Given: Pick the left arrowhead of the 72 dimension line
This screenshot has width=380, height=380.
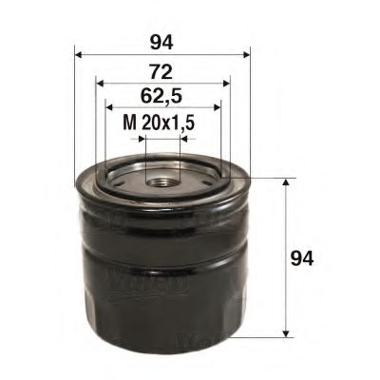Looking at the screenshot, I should [100, 83].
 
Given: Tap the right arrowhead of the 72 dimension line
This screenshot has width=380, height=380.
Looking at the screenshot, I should [226, 83].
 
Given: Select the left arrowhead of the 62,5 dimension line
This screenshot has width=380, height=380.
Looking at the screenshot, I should [108, 106].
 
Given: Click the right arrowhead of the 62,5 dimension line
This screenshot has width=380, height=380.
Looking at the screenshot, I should [217, 106].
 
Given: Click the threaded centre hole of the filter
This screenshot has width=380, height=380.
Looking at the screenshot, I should [161, 177].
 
